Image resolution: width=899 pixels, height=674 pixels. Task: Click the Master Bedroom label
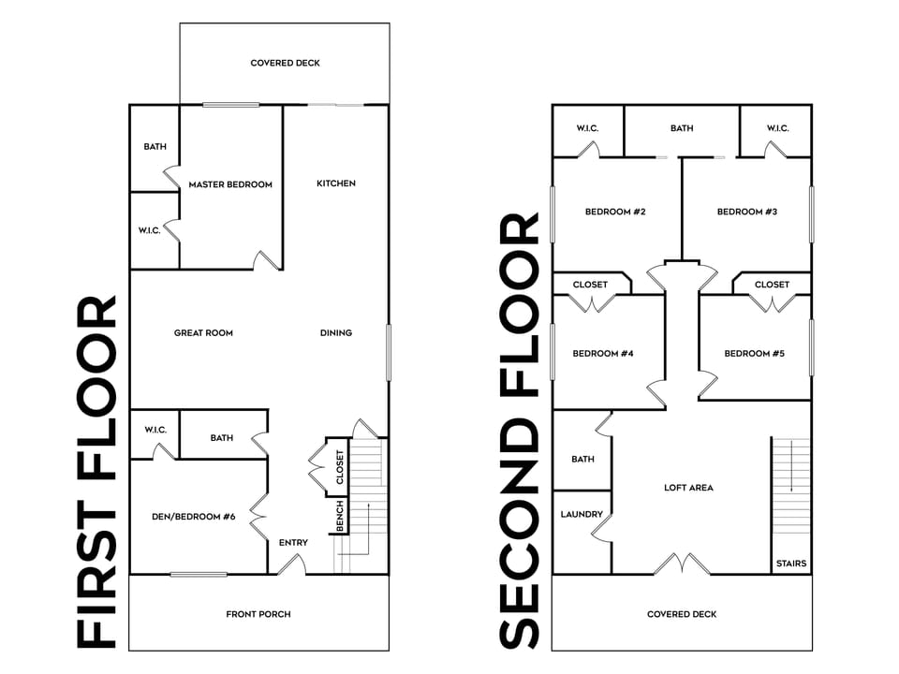click(230, 184)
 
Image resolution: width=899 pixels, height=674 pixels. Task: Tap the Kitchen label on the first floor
click(335, 183)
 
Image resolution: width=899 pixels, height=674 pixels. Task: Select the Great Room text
click(203, 333)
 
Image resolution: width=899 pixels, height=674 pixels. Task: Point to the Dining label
click(336, 333)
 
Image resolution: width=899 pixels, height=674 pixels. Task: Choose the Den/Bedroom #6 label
click(192, 517)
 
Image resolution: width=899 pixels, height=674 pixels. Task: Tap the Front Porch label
click(258, 614)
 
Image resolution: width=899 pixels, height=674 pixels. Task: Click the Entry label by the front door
click(293, 543)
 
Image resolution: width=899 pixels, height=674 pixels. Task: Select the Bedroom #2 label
click(615, 212)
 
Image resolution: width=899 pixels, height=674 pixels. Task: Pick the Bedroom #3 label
click(747, 212)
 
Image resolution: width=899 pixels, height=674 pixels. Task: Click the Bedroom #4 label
click(603, 354)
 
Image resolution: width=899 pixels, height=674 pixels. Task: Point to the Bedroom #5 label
click(755, 354)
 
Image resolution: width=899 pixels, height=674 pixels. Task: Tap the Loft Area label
click(689, 488)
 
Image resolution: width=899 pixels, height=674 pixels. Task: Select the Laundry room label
click(582, 515)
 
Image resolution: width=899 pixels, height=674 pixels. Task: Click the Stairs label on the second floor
click(790, 564)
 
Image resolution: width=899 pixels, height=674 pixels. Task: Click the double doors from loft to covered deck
click(682, 564)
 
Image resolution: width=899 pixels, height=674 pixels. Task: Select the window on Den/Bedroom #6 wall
click(199, 574)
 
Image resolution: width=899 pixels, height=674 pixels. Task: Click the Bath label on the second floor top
click(682, 128)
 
